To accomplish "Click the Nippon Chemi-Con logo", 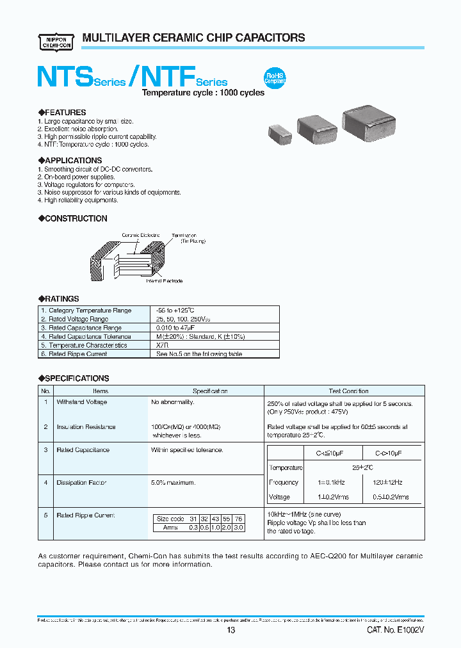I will point(56,40).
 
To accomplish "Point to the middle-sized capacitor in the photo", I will point(318,129).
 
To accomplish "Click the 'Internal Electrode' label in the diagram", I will point(165,281).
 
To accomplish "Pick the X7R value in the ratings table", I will point(163,345).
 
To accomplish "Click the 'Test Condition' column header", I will point(348,391).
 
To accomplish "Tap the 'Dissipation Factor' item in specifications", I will point(81,482).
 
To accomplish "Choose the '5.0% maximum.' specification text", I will point(173,482).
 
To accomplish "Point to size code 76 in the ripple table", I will point(238,519).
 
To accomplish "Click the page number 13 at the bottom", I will point(231,631).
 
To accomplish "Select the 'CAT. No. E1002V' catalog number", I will point(396,631).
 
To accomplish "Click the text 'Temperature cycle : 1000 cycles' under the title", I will point(203,93).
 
